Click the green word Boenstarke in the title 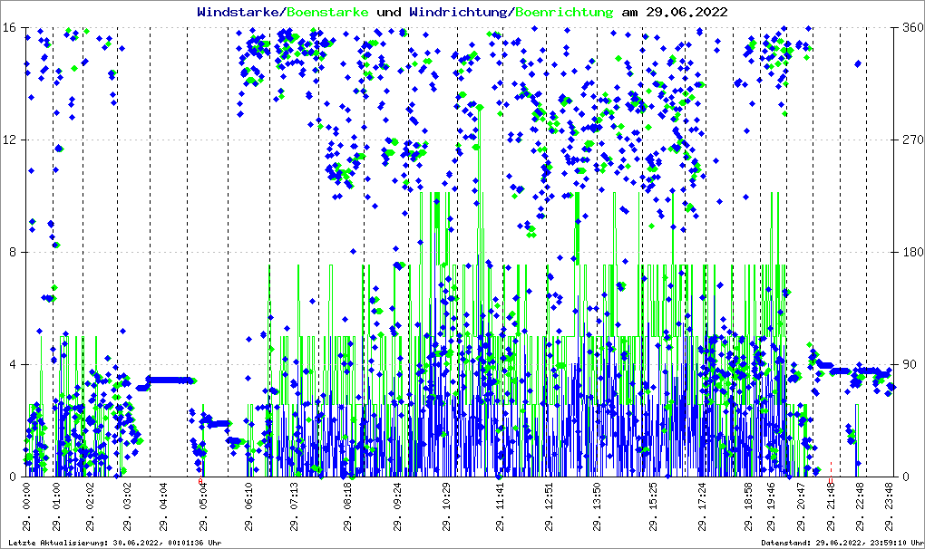point(327,13)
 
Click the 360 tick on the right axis point(911,28)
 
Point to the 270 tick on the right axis point(911,140)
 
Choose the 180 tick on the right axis point(911,253)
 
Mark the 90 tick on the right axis point(908,365)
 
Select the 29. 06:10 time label point(248,508)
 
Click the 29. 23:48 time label point(891,508)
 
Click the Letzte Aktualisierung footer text point(114,543)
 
